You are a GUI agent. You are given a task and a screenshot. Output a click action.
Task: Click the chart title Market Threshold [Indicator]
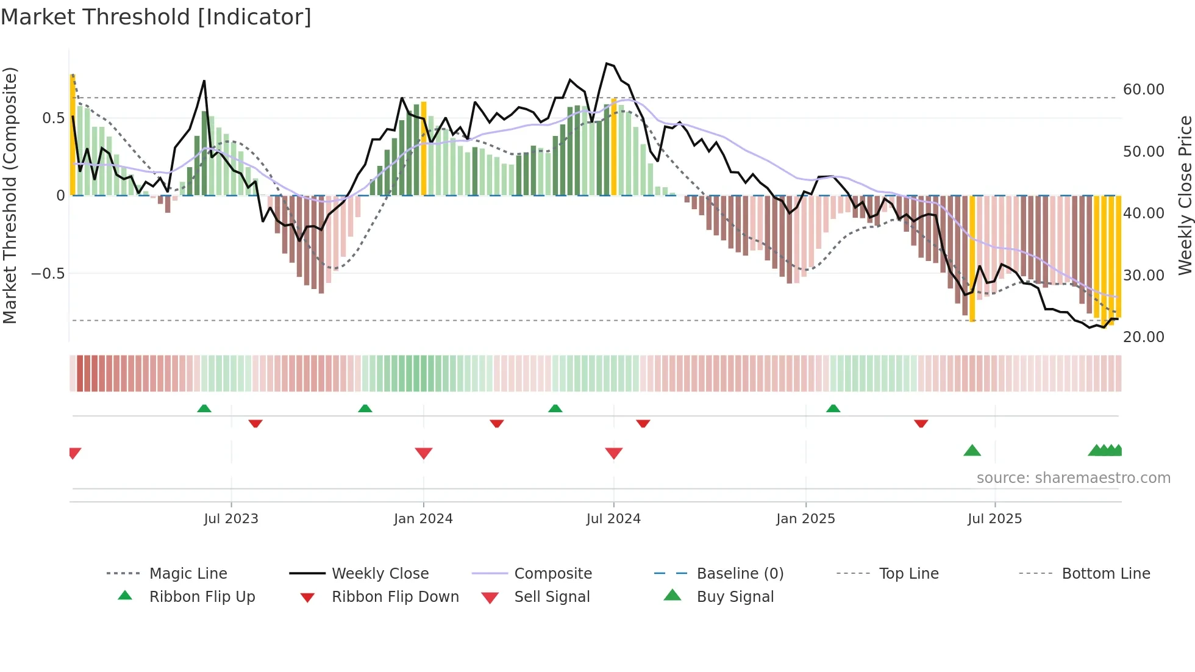(156, 17)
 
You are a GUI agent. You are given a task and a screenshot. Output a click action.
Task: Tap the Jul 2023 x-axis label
(231, 519)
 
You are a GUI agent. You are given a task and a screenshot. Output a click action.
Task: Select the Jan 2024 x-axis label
(423, 519)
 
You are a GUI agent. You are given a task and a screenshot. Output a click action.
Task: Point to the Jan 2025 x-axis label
(805, 519)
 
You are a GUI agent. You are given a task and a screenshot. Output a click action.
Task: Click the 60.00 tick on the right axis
(1143, 90)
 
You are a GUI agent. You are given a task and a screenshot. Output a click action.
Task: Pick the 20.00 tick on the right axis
(1143, 337)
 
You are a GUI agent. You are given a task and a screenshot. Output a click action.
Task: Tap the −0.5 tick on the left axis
(48, 274)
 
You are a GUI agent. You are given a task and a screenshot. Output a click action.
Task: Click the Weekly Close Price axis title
(1185, 195)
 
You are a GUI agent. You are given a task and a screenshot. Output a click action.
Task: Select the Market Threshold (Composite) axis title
(10, 195)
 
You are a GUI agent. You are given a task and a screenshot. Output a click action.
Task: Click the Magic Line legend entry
(188, 574)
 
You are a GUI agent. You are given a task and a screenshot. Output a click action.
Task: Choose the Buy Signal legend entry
(735, 597)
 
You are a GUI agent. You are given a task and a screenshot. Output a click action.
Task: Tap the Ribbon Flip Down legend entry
(394, 597)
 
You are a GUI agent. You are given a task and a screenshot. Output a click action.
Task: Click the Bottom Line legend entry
(1105, 574)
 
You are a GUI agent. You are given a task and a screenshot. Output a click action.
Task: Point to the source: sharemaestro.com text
(1073, 478)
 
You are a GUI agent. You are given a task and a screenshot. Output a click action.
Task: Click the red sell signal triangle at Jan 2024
(424, 453)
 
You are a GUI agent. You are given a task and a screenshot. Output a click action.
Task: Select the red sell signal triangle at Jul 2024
(614, 453)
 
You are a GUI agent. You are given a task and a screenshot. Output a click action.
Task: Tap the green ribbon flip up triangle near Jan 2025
(833, 409)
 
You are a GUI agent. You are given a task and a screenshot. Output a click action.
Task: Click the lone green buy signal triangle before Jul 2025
(972, 451)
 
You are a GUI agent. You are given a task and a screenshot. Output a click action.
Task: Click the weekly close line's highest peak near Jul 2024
(607, 63)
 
